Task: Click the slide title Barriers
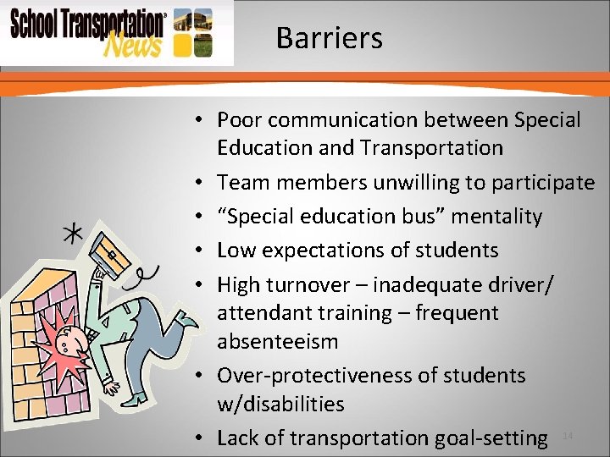click(329, 38)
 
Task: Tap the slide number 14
click(568, 435)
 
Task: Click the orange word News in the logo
click(132, 44)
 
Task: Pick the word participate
click(546, 182)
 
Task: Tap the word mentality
click(496, 217)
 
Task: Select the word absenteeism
click(277, 342)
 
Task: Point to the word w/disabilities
click(280, 404)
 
